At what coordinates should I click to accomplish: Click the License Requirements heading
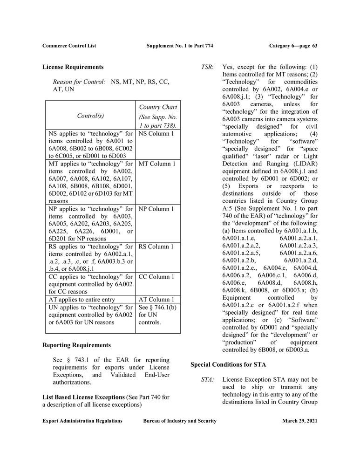(x=73, y=67)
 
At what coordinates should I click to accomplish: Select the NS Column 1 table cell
(x=156, y=134)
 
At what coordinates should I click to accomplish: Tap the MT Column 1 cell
(x=157, y=164)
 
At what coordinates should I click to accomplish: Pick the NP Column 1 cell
(x=156, y=209)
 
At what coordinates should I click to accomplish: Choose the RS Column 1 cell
(x=156, y=247)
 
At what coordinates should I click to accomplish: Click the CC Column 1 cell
(x=156, y=277)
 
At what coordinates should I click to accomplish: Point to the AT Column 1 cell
(x=156, y=300)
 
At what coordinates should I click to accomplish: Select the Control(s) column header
(x=90, y=116)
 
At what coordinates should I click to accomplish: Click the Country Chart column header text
(x=158, y=108)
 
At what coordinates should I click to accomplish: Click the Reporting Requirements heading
(x=76, y=345)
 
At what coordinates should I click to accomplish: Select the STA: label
(x=207, y=380)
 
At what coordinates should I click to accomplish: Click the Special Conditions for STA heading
(x=228, y=365)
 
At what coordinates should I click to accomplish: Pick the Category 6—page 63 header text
(x=293, y=46)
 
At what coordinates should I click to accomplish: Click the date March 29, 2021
(x=299, y=421)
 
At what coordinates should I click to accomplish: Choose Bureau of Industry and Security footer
(x=180, y=421)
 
